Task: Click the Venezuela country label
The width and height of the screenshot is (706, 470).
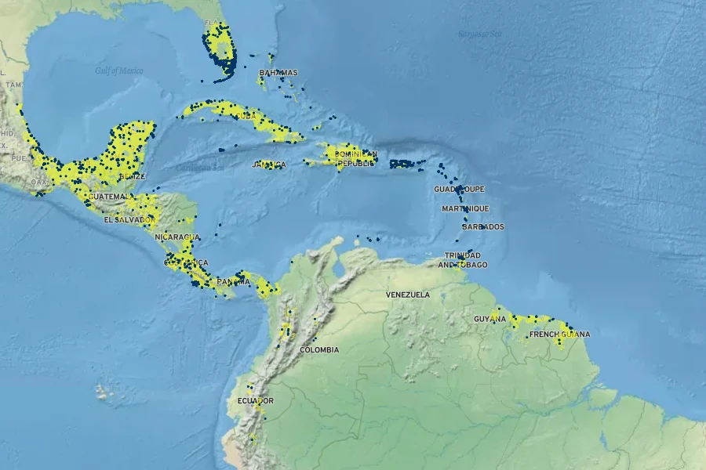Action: point(407,295)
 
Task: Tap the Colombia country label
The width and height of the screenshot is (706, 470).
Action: point(319,349)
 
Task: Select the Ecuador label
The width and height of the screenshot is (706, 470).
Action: point(255,401)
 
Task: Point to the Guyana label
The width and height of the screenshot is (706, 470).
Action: point(490,319)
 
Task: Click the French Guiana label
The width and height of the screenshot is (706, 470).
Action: point(559,334)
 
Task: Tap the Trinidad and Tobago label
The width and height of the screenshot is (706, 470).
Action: point(463,260)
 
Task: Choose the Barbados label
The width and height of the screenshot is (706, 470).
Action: point(482,227)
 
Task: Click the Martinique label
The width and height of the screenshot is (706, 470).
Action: point(465,208)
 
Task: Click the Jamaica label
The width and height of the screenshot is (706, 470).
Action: point(268,165)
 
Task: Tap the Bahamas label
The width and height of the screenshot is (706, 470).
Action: point(278,73)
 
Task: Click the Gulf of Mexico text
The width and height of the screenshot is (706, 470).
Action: point(119,70)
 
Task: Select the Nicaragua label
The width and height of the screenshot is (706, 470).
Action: point(177,237)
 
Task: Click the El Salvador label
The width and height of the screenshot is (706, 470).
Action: point(128,220)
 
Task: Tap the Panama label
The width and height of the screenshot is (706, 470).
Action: point(233,281)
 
